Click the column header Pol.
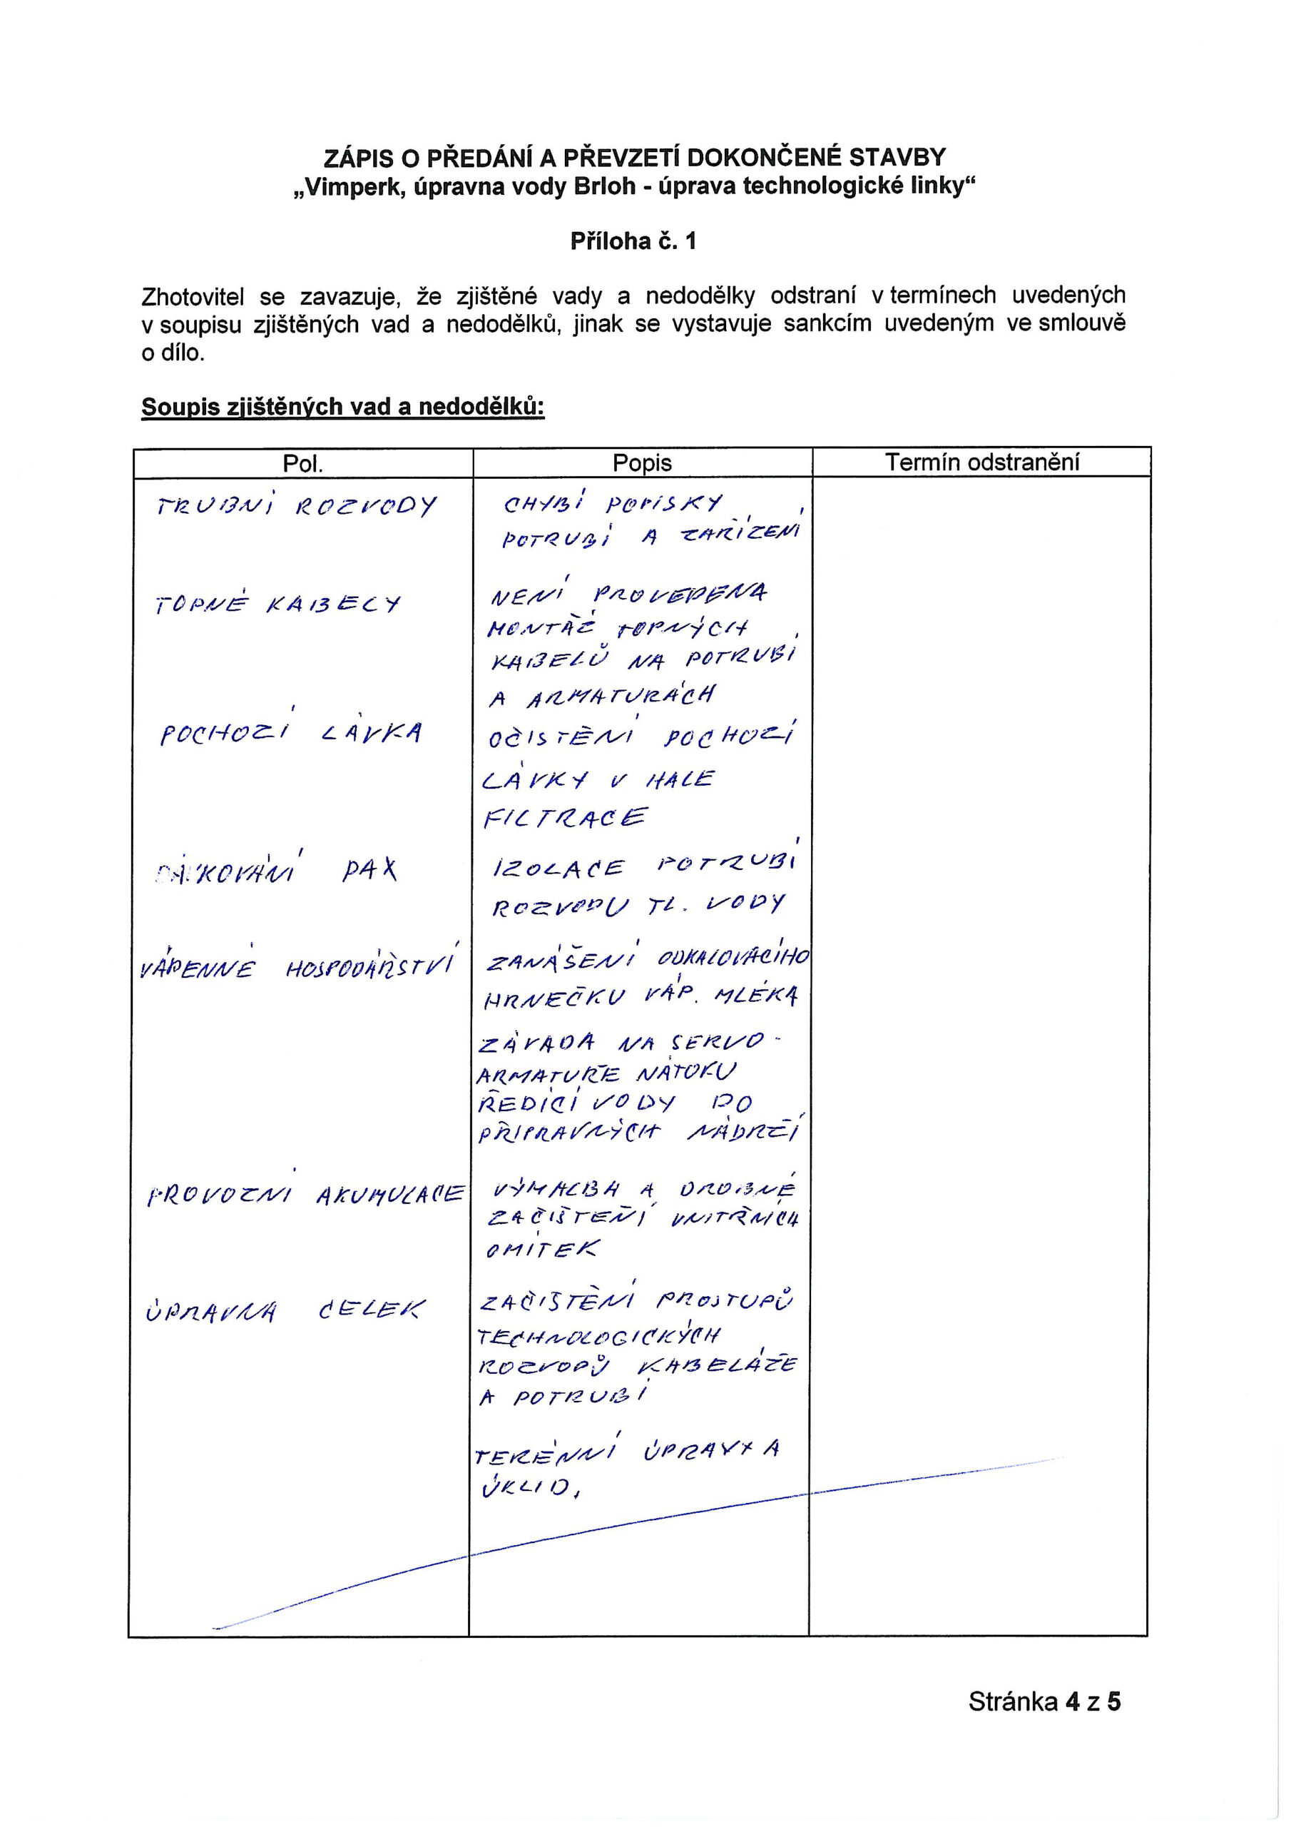(302, 464)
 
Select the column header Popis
(642, 463)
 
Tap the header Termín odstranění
(981, 462)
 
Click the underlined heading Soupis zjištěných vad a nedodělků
(343, 408)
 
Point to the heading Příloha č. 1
(633, 241)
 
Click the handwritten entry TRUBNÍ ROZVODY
(297, 507)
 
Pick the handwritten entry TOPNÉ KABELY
(277, 604)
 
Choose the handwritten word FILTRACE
(566, 818)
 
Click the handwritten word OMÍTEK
(541, 1250)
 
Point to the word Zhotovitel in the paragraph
(193, 297)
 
